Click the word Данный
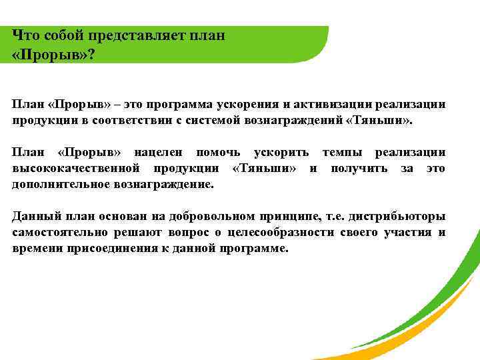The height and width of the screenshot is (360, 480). click(34, 217)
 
